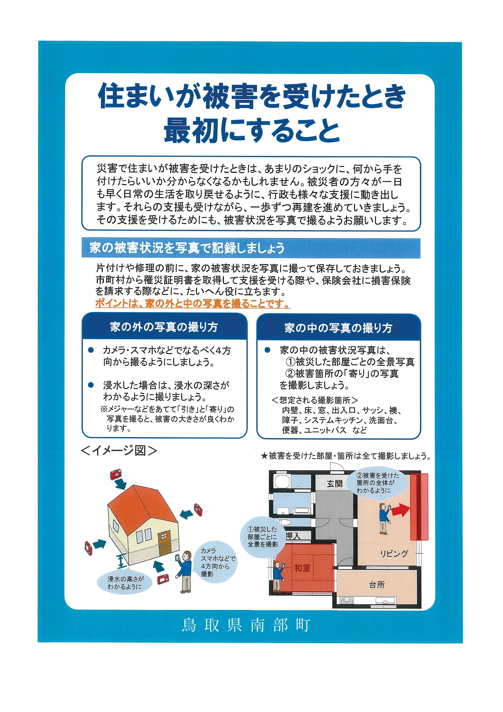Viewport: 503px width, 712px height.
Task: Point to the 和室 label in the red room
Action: tap(302, 568)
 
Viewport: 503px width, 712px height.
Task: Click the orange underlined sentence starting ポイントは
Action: tap(193, 303)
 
